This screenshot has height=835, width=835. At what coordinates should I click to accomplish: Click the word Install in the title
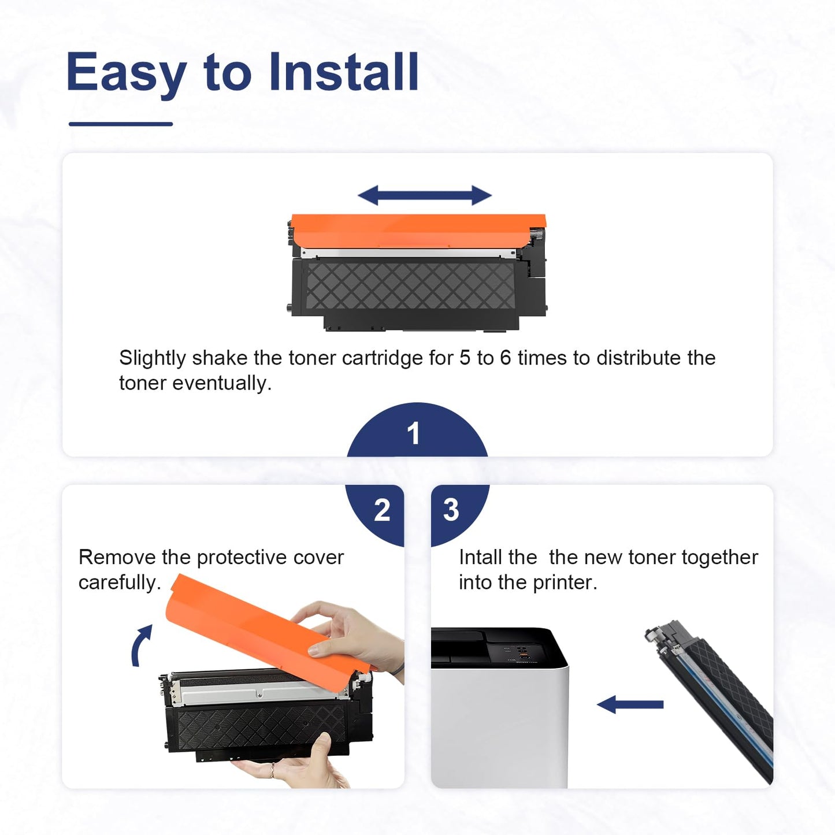344,71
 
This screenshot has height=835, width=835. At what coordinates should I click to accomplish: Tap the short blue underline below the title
120,124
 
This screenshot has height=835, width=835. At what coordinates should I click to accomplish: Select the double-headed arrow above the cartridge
425,195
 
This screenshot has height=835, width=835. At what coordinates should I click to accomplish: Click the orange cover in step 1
418,230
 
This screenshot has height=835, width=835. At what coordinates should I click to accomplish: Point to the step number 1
414,433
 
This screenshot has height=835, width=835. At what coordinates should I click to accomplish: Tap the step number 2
382,510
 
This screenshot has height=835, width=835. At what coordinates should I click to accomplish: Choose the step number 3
451,510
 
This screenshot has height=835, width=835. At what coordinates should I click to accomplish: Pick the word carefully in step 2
120,583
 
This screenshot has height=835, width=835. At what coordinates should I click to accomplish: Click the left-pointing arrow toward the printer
630,704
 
